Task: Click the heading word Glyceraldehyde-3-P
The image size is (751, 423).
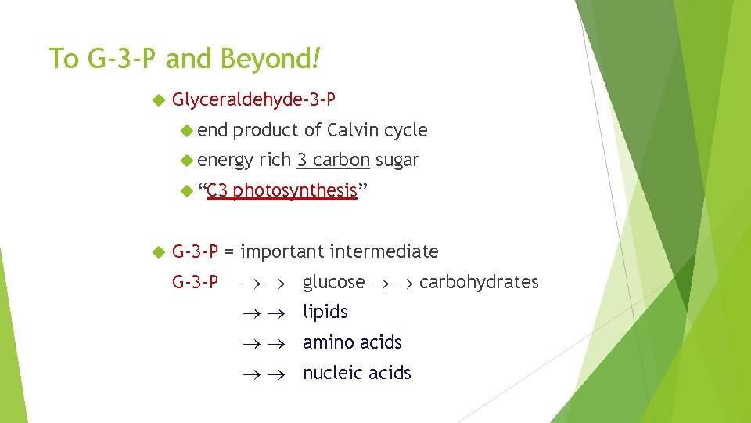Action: point(254,99)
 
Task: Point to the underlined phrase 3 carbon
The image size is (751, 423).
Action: point(333,161)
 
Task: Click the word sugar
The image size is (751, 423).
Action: point(397,161)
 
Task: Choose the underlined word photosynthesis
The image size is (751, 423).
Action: point(295,191)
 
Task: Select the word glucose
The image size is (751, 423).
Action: point(333,282)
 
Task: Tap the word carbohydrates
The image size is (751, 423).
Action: point(479,282)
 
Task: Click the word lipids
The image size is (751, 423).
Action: point(325,312)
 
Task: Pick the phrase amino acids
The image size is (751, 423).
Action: point(352,342)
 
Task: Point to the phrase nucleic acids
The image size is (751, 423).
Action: point(357,373)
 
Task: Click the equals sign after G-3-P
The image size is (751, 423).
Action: point(230,251)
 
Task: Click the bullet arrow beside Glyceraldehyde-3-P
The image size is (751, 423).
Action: point(158,100)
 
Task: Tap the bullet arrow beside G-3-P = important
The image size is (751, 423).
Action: point(158,252)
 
